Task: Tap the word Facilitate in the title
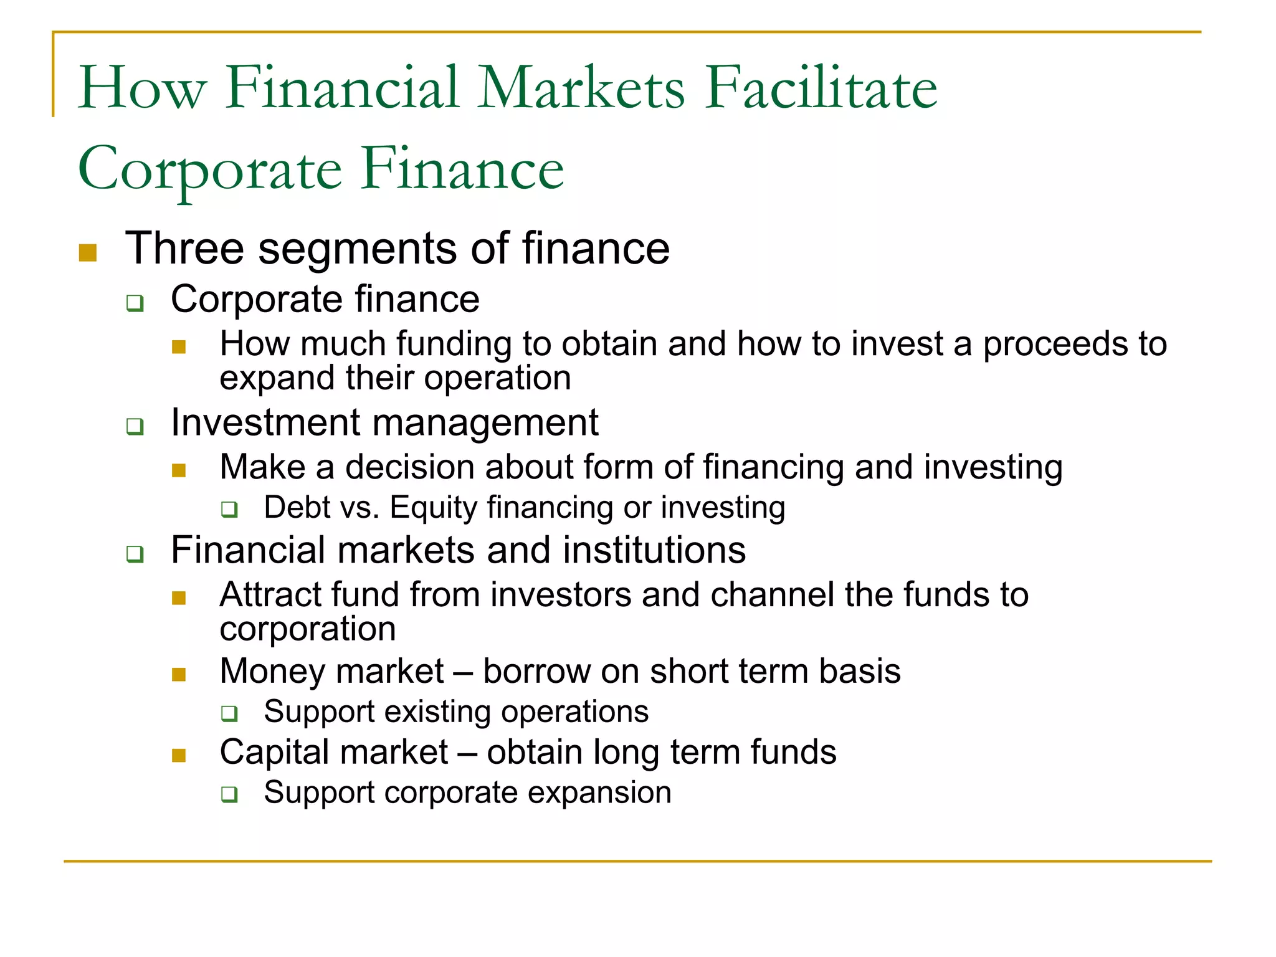[821, 88]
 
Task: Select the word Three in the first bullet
[184, 249]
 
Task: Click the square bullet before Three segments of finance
[88, 253]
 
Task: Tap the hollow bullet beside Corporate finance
[135, 303]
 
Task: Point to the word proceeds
[1054, 345]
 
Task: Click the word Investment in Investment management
[265, 422]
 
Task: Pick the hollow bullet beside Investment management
[135, 427]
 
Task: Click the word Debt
[296, 507]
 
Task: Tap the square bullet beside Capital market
[179, 756]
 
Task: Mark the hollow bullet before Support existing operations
[230, 713]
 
